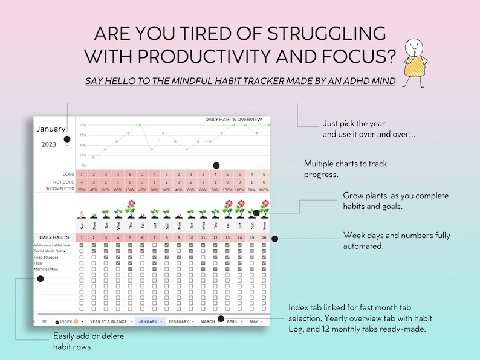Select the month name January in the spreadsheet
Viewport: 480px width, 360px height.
(51, 129)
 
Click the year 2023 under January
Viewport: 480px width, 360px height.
(48, 144)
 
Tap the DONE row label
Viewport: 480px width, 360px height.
(68, 175)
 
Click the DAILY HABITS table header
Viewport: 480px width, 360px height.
(53, 237)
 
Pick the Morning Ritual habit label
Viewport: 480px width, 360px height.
(47, 269)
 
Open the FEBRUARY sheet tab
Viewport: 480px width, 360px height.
(179, 321)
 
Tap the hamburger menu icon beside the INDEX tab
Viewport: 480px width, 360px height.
(44, 321)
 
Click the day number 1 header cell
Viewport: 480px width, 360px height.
(81, 237)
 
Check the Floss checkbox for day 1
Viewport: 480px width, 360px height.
(81, 263)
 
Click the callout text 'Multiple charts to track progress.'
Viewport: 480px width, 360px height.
(345, 169)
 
